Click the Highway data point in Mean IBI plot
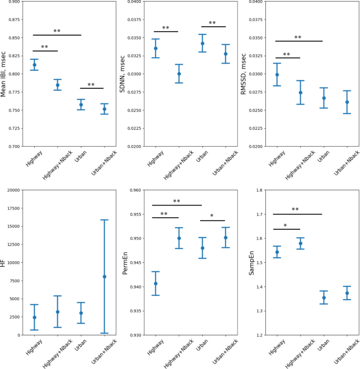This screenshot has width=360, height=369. [34, 65]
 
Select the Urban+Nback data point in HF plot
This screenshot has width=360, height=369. [104, 276]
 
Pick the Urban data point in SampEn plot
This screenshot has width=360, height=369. [324, 298]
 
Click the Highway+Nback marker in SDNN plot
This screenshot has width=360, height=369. [179, 74]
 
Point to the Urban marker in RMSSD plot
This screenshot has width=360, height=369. [324, 98]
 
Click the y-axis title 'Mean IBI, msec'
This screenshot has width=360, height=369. [5, 74]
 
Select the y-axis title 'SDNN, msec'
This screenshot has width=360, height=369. [122, 74]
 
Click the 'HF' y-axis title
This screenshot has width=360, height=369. [5, 262]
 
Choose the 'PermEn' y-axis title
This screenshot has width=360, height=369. [125, 262]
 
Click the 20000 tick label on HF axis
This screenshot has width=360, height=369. [12, 190]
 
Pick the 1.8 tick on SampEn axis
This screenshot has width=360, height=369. [258, 190]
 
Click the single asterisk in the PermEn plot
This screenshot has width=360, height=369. [212, 216]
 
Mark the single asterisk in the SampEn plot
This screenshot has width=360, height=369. [285, 225]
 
